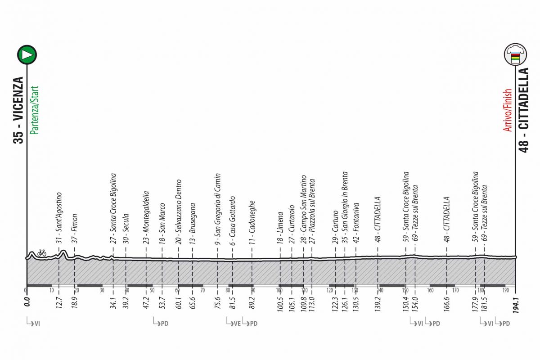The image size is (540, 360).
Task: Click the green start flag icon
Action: (x=27, y=54)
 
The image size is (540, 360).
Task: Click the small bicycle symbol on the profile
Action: (x=42, y=253)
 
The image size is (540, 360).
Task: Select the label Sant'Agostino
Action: (x=59, y=218)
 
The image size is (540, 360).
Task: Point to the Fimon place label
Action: (x=74, y=228)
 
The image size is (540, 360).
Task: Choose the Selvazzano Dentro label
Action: (x=178, y=211)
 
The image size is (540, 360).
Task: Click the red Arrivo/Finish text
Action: (x=508, y=110)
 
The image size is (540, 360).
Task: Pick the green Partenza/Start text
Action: (x=34, y=110)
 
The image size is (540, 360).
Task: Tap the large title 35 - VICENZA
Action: (x=18, y=110)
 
